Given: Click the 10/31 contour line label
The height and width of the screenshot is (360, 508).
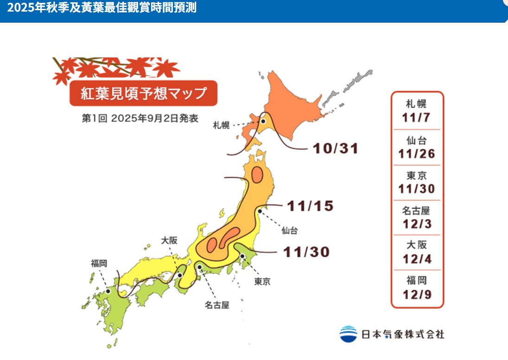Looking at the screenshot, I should click(335, 148).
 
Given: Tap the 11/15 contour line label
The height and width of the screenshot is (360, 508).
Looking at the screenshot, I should click(310, 206).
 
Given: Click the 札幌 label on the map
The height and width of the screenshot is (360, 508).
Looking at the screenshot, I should click(222, 125).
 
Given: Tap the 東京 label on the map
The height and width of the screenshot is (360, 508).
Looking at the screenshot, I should click(262, 281).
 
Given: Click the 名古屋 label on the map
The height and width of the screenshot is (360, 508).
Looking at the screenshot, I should click(217, 305).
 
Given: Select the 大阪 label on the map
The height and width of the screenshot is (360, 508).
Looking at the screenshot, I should click(169, 240).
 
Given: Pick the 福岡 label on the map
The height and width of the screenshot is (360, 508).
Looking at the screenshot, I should click(99, 263).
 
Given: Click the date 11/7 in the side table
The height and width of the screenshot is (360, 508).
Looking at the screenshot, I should click(416, 118).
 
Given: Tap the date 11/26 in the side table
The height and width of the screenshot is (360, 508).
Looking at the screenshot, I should click(417, 154).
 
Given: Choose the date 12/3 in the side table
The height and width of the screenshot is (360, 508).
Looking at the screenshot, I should click(417, 224).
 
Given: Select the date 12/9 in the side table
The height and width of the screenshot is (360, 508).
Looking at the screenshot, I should click(417, 294).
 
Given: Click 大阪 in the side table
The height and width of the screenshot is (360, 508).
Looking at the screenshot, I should click(417, 245).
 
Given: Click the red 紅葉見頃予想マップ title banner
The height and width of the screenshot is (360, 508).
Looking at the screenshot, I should click(143, 93).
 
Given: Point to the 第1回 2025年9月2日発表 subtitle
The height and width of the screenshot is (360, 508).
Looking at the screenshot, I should click(140, 118).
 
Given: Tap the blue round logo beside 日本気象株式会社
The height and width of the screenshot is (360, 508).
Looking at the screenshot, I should click(348, 334).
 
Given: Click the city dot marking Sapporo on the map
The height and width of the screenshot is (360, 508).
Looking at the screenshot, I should click(263, 121).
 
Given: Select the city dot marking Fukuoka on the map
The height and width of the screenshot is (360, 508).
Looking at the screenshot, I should click(108, 291).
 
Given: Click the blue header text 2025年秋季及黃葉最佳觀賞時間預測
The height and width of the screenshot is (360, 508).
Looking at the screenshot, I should click(102, 8).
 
